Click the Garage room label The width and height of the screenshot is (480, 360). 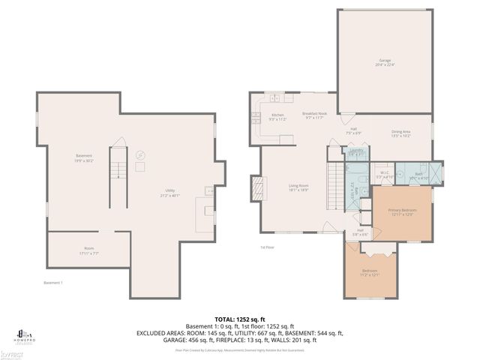[x=383, y=62]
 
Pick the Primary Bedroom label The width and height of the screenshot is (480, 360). [x=401, y=212]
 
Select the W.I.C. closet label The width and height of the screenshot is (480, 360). [x=383, y=174]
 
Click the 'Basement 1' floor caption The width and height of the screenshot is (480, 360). [x=52, y=282]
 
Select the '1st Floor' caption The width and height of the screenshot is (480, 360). [x=267, y=247]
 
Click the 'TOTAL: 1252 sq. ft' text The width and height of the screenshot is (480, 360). [x=240, y=319]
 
